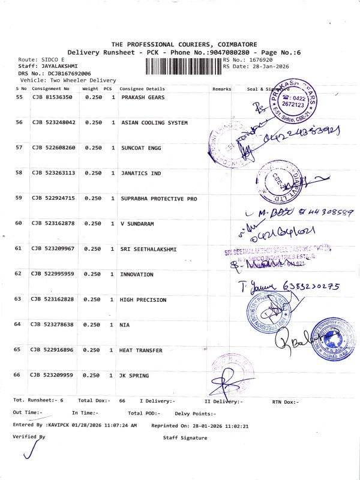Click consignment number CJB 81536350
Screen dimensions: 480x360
(x=52, y=97)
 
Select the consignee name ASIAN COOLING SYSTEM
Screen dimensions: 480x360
(x=154, y=122)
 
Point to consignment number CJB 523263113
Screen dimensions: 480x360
(x=53, y=173)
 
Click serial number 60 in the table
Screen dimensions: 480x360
(x=19, y=223)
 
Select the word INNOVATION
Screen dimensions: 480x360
(x=137, y=274)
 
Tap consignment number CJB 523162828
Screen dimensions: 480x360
(x=53, y=299)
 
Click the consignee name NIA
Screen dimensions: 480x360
(x=125, y=325)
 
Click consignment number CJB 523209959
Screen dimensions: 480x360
(x=53, y=376)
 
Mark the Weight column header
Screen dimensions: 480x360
(x=90, y=89)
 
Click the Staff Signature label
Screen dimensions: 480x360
(x=185, y=438)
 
